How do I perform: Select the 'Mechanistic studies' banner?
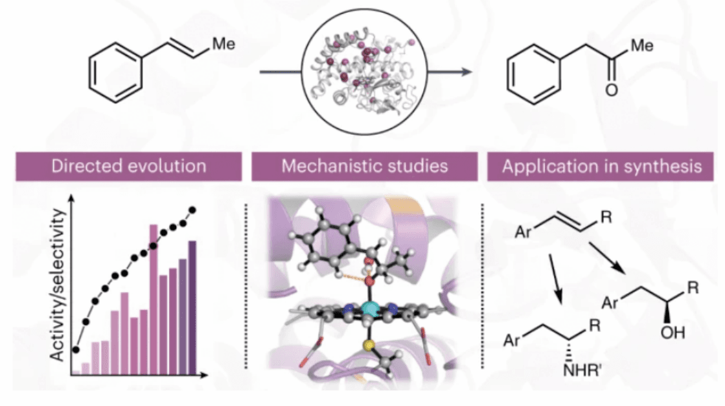pyautogui.click(x=364, y=166)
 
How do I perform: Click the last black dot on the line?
pyautogui.click(x=192, y=210)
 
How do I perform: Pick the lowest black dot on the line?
pyautogui.click(x=76, y=350)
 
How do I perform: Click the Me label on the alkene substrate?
pyautogui.click(x=223, y=45)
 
